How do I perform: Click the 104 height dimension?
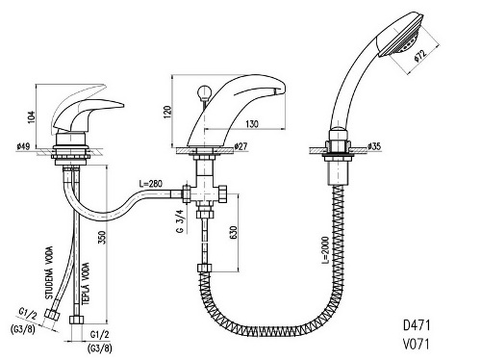point(31,117)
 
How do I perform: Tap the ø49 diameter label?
point(23,146)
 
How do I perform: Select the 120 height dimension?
point(167,112)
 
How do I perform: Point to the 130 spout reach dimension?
point(252,124)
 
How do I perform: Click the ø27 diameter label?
point(240,146)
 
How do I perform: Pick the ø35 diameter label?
point(374,146)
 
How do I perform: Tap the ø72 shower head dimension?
point(420,55)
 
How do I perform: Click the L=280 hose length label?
point(151,184)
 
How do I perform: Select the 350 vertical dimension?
point(102,238)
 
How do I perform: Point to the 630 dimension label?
point(234,233)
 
